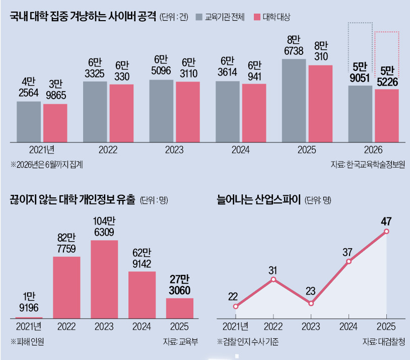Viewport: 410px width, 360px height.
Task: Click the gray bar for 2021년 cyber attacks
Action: pos(29,122)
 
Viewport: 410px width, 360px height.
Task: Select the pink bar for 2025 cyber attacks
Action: pos(320,104)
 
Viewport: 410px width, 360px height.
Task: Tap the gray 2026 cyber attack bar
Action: pos(360,114)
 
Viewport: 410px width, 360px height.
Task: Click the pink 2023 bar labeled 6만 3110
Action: pos(188,112)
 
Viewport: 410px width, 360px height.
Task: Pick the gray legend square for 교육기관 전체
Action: pos(199,17)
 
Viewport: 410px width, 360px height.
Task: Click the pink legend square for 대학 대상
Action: pos(257,17)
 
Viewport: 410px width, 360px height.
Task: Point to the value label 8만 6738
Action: pos(294,45)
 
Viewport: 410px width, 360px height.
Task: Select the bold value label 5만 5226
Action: pos(387,77)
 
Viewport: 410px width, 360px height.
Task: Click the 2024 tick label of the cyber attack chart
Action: pos(241,150)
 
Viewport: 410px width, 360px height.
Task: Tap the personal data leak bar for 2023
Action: pos(104,279)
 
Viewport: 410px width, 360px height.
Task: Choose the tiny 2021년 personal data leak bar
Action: pos(29,318)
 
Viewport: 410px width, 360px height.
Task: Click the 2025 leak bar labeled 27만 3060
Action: pos(180,308)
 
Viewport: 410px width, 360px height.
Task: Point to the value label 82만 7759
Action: pos(66,243)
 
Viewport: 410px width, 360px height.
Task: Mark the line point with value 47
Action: pos(386,232)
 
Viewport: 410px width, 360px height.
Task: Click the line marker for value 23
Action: pos(311,304)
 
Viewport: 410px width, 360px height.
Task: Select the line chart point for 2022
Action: pos(273,279)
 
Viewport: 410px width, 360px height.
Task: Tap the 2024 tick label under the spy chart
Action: pos(348,327)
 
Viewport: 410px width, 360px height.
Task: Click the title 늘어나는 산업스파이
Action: pos(259,199)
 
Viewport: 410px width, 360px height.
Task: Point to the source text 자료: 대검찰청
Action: pos(384,341)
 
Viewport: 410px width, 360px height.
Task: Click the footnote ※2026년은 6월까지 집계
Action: pos(47,165)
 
